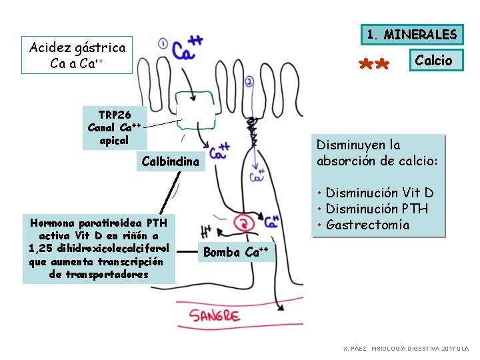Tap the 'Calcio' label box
click(x=433, y=61)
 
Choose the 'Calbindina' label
click(x=170, y=161)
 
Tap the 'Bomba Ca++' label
click(x=236, y=252)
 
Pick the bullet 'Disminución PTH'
click(x=377, y=209)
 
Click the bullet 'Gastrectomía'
click(x=367, y=225)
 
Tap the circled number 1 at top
click(x=163, y=44)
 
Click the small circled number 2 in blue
click(x=249, y=82)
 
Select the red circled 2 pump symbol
click(x=245, y=224)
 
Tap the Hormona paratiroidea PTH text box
click(x=98, y=247)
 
